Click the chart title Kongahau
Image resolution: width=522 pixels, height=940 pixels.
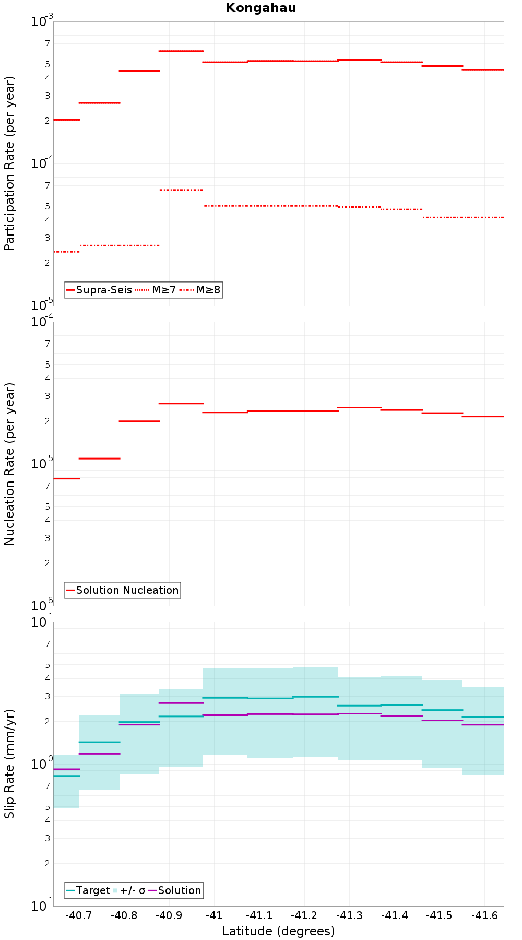[x=261, y=8]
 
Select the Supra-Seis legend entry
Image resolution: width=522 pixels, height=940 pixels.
[x=99, y=290]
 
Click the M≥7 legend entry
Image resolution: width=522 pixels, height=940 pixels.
[x=156, y=290]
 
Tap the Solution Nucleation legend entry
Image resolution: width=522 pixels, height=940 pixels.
[x=123, y=590]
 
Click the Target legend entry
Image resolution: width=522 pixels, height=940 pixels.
[x=88, y=890]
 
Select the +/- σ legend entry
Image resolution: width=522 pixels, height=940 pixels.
[x=129, y=890]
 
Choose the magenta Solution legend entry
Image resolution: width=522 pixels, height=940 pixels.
[x=175, y=890]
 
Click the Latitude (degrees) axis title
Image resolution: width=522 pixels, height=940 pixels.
[x=279, y=931]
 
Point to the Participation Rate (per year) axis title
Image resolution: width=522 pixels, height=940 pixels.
[x=9, y=163]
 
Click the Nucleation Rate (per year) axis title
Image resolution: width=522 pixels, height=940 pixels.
[x=9, y=464]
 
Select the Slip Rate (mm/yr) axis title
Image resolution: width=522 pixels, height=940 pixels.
[x=9, y=763]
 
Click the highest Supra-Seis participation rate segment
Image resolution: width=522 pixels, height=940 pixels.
[x=181, y=51]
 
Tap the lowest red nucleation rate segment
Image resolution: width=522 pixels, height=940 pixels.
[x=67, y=478]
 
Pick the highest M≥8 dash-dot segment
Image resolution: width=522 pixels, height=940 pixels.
[x=181, y=190]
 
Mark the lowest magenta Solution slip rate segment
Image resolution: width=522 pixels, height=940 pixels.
[x=67, y=769]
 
